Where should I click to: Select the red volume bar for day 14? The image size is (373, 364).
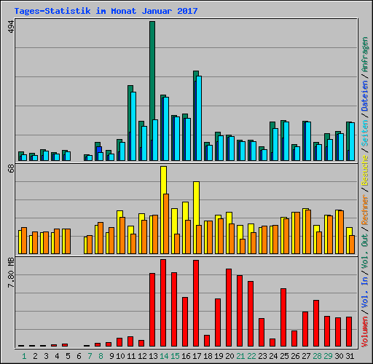[x=163, y=302]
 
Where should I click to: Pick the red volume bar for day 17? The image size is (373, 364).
[x=196, y=303]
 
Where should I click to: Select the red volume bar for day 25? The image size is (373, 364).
[x=283, y=317]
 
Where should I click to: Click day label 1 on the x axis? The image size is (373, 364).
[x=23, y=356]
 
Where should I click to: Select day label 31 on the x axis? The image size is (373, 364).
[x=350, y=356]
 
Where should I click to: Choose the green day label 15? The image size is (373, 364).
[x=175, y=356]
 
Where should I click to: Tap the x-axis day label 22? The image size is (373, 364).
[x=251, y=356]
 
